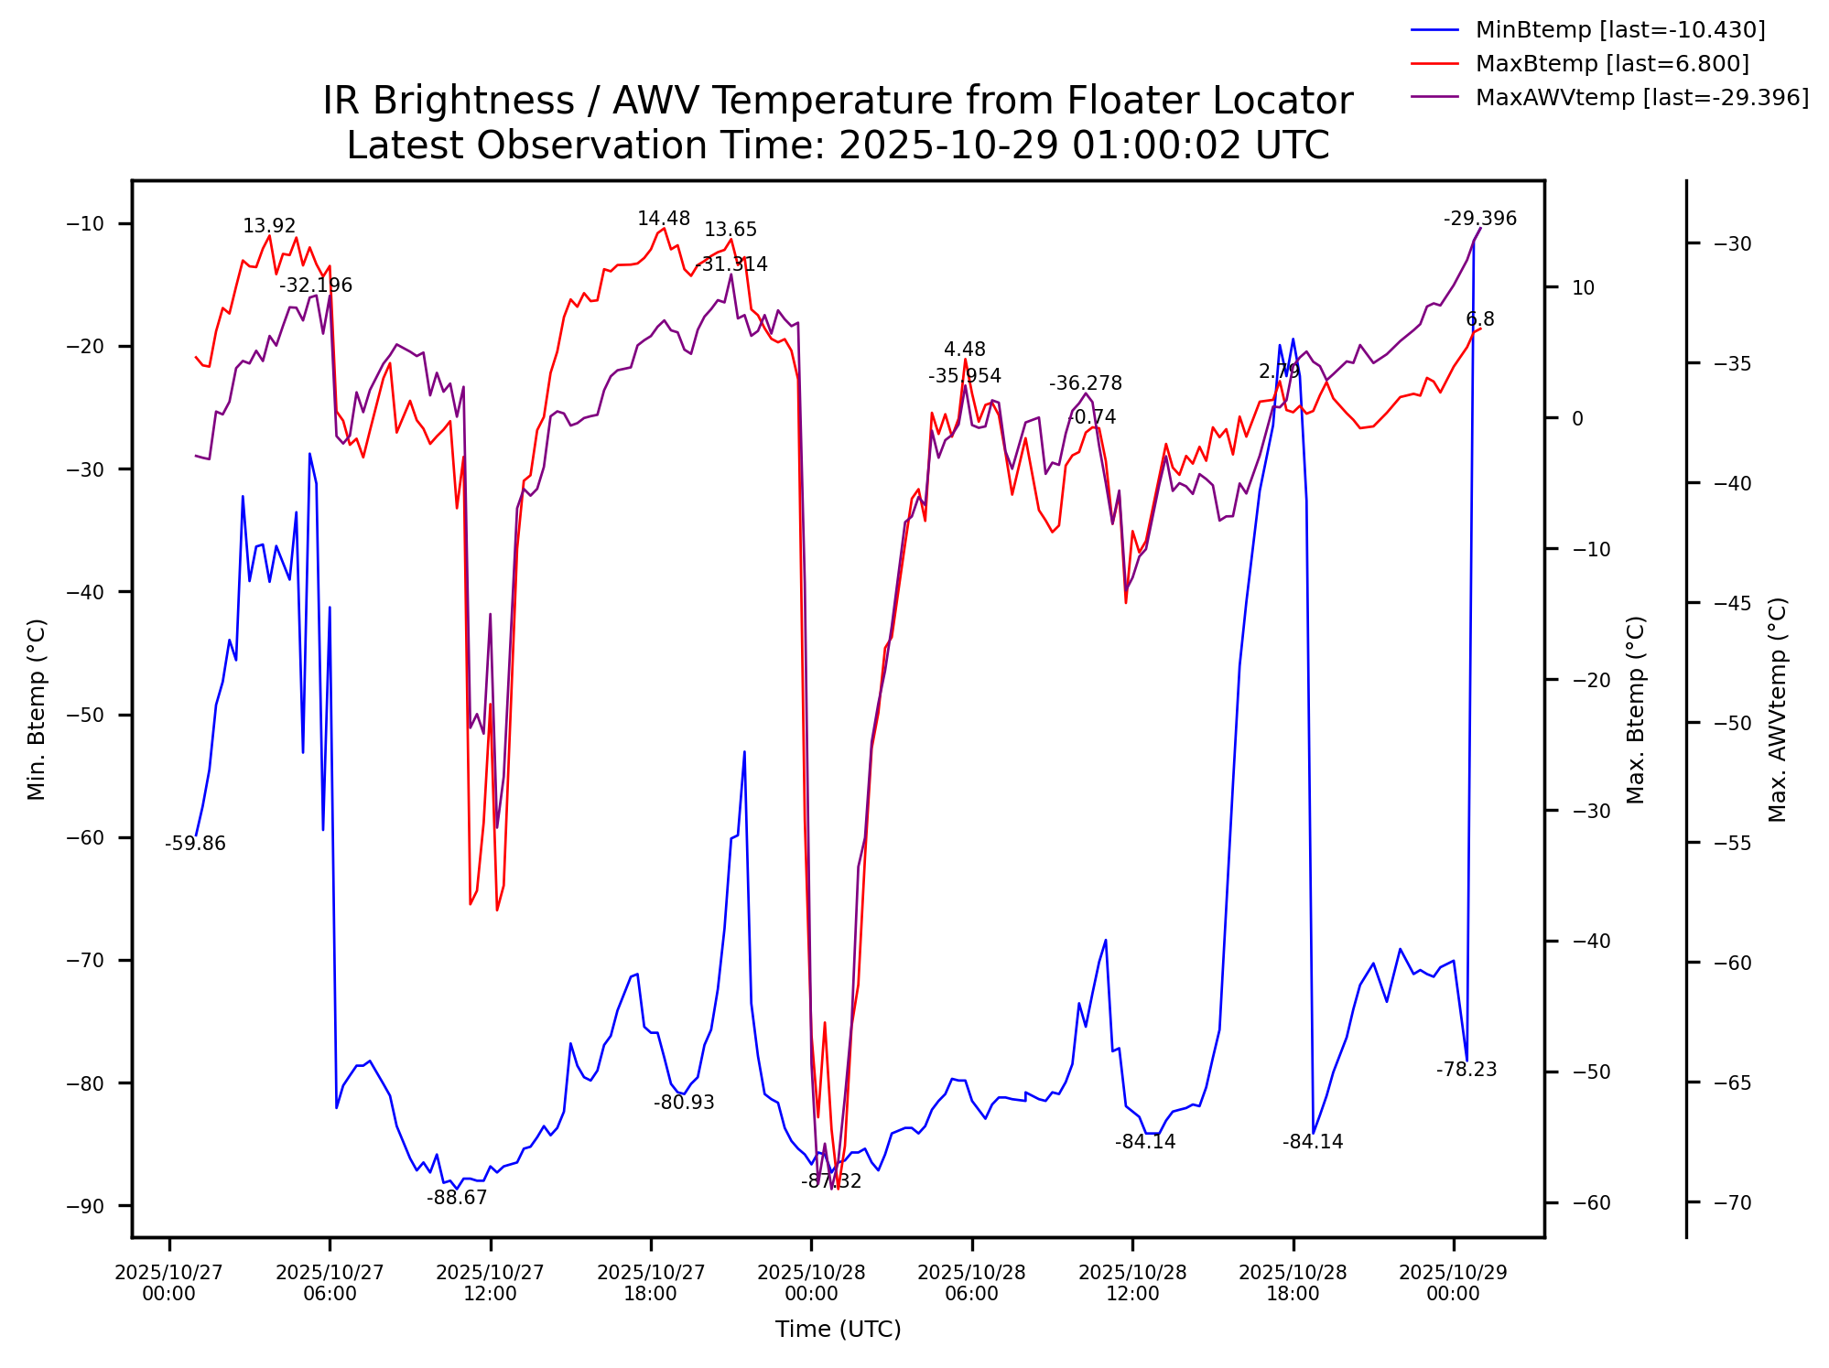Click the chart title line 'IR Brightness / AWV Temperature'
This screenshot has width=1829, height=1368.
coord(837,101)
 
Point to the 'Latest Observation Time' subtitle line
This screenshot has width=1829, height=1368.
coord(837,145)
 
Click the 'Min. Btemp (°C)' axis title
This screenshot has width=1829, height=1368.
coord(37,709)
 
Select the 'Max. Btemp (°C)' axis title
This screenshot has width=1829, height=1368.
coord(1636,709)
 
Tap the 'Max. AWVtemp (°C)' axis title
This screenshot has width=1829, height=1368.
coord(1777,709)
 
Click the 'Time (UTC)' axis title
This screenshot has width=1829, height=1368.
coord(838,1329)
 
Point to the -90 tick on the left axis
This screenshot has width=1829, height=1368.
coord(86,1206)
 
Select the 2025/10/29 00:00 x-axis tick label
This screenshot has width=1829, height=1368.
coord(1453,1283)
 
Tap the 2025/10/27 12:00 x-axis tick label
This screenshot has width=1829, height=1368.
coord(490,1283)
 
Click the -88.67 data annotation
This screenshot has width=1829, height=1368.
coord(457,1198)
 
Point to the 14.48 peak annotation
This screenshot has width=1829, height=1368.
coord(664,219)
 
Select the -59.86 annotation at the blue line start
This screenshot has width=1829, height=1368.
coord(195,844)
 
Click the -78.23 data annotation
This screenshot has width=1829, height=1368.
coord(1466,1070)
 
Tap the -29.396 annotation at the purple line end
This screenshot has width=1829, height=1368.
coord(1480,219)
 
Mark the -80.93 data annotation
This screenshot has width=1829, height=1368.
coord(684,1103)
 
